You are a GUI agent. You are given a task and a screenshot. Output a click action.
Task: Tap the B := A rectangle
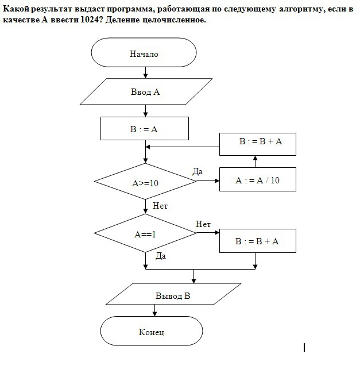tap(144, 129)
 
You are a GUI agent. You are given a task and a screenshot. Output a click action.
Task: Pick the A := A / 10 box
tap(258, 180)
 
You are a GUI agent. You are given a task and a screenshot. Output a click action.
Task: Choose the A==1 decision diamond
tap(145, 233)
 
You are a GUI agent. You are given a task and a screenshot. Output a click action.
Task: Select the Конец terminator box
tap(151, 332)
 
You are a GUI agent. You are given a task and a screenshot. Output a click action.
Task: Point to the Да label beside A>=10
tap(198, 171)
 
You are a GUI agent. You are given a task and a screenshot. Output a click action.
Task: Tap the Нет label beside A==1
tap(203, 224)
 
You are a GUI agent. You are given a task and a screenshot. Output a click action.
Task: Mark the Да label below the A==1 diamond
tap(160, 256)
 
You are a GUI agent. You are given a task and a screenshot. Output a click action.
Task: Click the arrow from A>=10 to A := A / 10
tap(208, 181)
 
